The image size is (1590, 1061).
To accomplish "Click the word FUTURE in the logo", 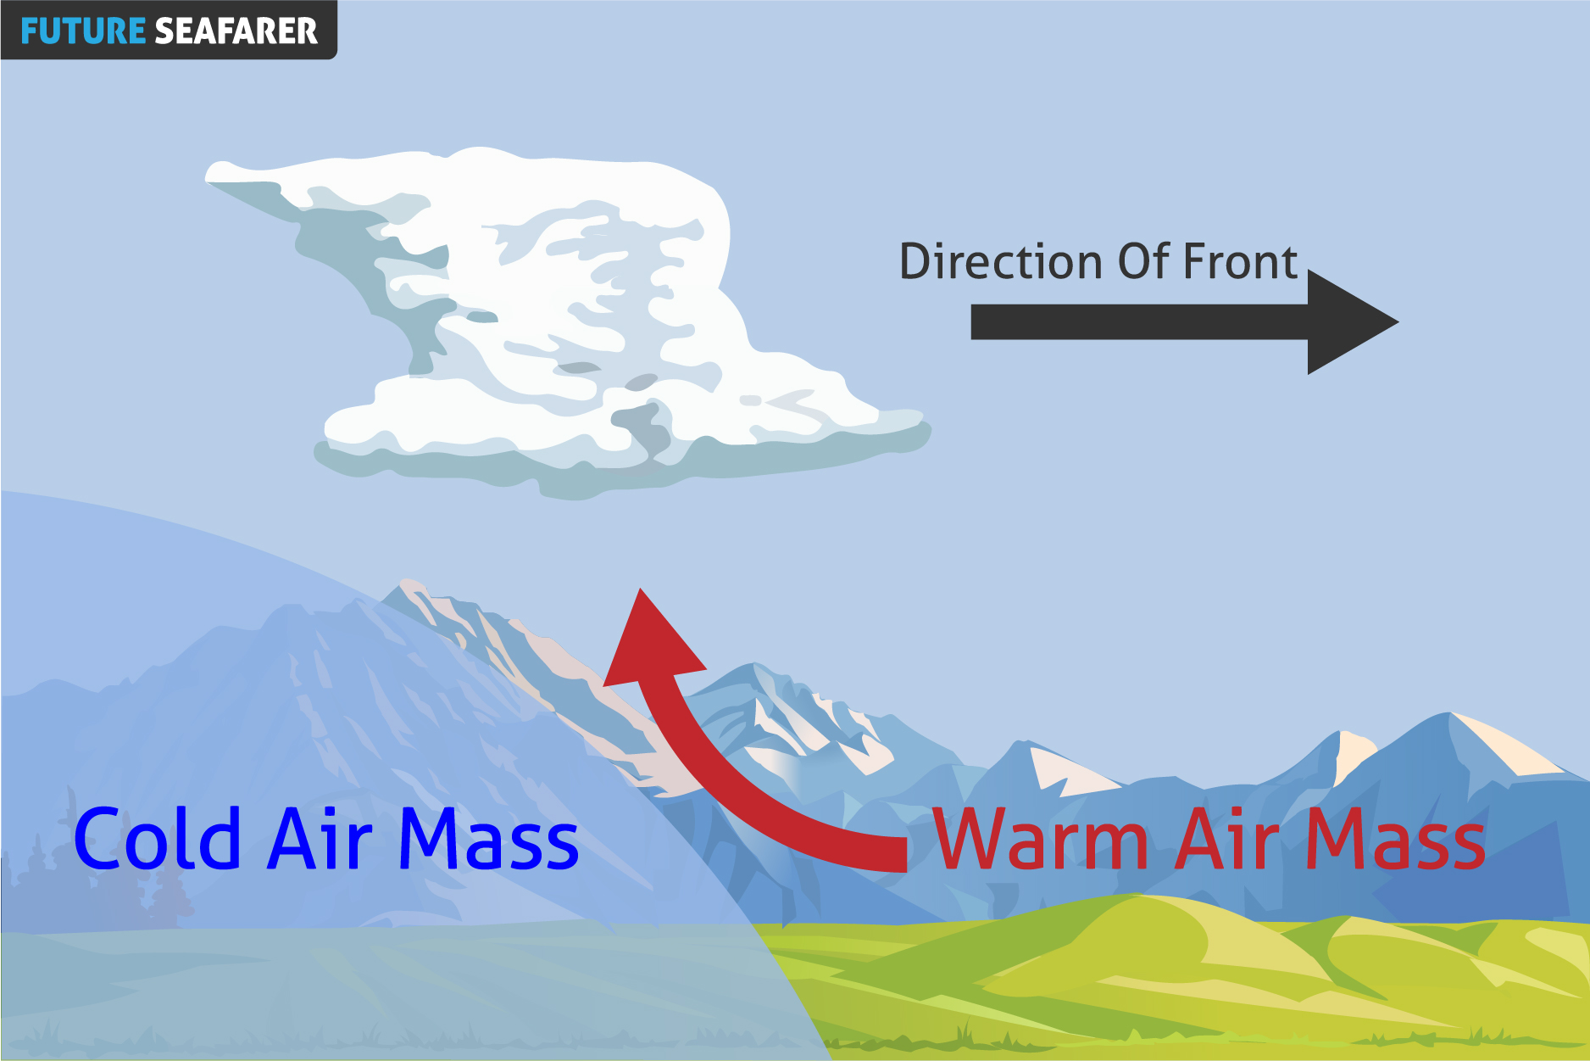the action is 83,31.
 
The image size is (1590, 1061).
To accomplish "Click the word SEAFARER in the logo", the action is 236,31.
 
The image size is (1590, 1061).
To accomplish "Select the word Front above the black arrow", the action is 1240,261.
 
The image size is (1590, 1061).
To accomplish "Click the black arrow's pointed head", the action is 1398,321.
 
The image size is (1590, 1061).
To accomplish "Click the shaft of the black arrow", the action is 1140,322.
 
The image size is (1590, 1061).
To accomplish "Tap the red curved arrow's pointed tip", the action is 641,589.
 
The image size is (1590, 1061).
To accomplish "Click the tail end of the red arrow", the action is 905,853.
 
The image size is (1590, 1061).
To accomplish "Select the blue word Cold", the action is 158,839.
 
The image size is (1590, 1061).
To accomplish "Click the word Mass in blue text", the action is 489,839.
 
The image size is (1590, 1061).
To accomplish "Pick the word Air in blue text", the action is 320,839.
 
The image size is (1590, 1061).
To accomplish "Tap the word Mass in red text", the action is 1396,839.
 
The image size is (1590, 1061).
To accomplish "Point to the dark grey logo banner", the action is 169,30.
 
